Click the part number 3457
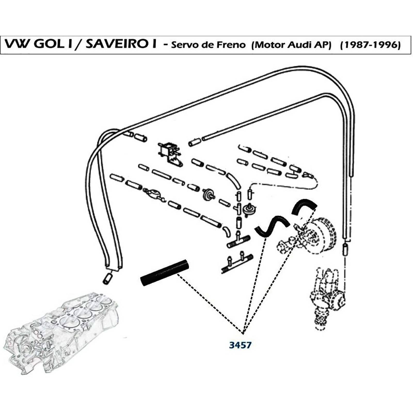pyautogui.click(x=240, y=345)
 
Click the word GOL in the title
pyautogui.click(x=49, y=44)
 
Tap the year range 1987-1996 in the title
pyautogui.click(x=370, y=45)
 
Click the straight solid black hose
pyautogui.click(x=165, y=273)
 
